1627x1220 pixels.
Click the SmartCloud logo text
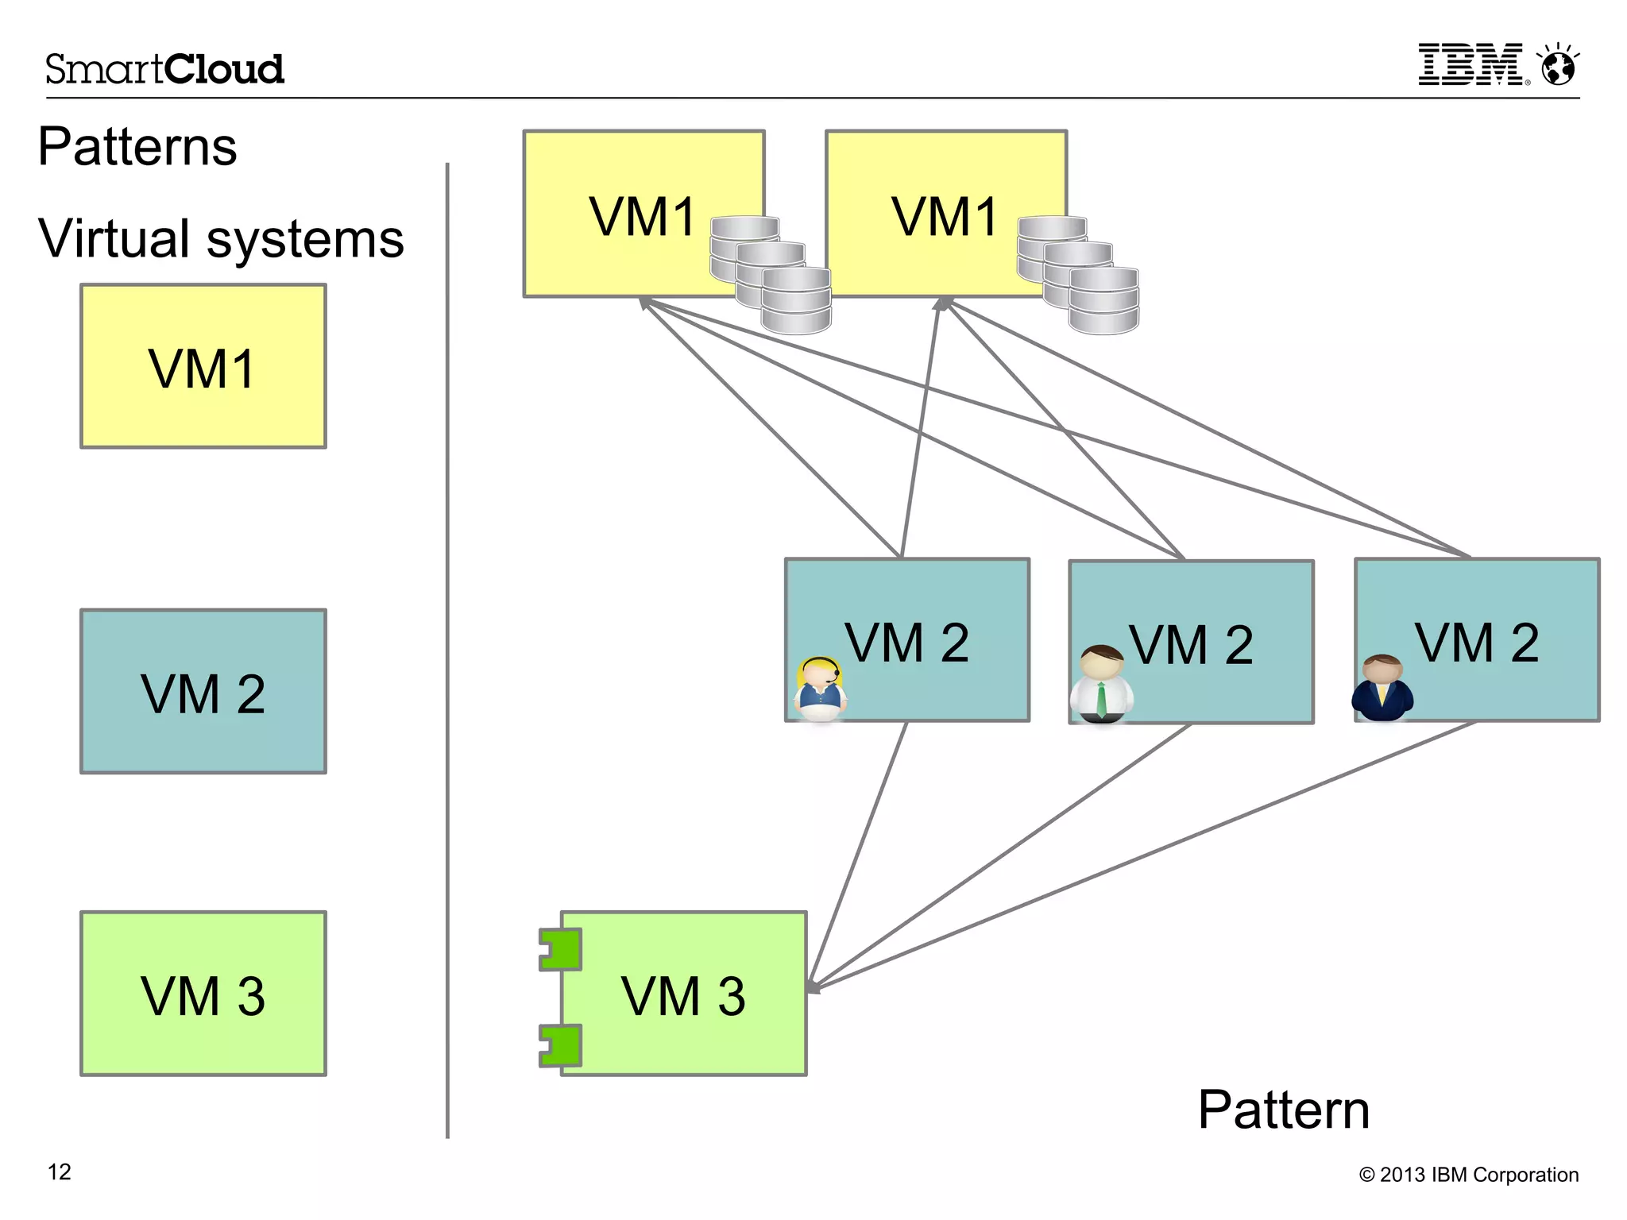point(164,69)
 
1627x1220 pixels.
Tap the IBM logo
point(1472,64)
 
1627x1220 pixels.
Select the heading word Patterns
point(137,147)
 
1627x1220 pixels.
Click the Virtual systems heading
point(221,238)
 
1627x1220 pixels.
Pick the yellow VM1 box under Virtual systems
point(203,366)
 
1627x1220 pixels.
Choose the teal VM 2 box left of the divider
point(203,691)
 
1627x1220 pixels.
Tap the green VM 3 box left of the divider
point(203,994)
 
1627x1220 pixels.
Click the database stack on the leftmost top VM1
point(771,274)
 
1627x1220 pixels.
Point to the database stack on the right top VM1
point(1078,274)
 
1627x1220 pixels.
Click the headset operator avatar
point(820,688)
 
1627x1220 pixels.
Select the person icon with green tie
point(1102,684)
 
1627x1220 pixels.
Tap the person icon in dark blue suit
point(1382,687)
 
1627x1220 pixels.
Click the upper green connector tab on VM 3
point(561,949)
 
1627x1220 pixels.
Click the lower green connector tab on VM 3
point(561,1045)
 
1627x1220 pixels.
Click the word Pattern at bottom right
point(1283,1110)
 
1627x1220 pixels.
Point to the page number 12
point(60,1172)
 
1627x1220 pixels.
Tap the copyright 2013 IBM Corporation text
point(1468,1175)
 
